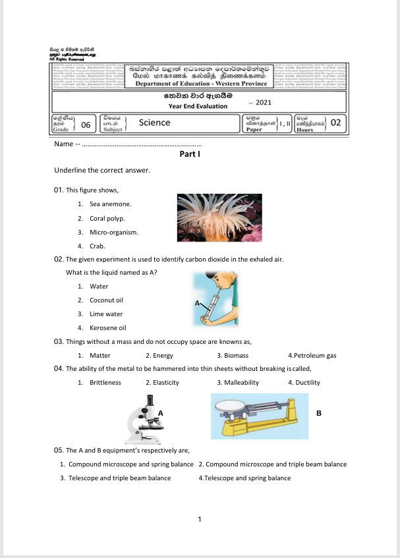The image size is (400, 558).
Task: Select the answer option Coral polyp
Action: click(x=107, y=218)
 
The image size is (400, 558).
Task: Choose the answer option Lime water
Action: click(x=106, y=314)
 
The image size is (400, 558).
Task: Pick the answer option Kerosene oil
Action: click(x=107, y=327)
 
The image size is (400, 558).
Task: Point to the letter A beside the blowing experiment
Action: click(x=196, y=302)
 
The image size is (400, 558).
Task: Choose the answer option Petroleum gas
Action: click(x=314, y=355)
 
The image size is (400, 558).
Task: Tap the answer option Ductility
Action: click(x=306, y=382)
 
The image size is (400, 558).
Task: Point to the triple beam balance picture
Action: click(x=259, y=416)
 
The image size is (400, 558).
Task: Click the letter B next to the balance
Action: click(x=318, y=414)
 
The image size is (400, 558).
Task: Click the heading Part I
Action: click(x=189, y=154)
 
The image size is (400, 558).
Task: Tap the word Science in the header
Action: click(x=154, y=122)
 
